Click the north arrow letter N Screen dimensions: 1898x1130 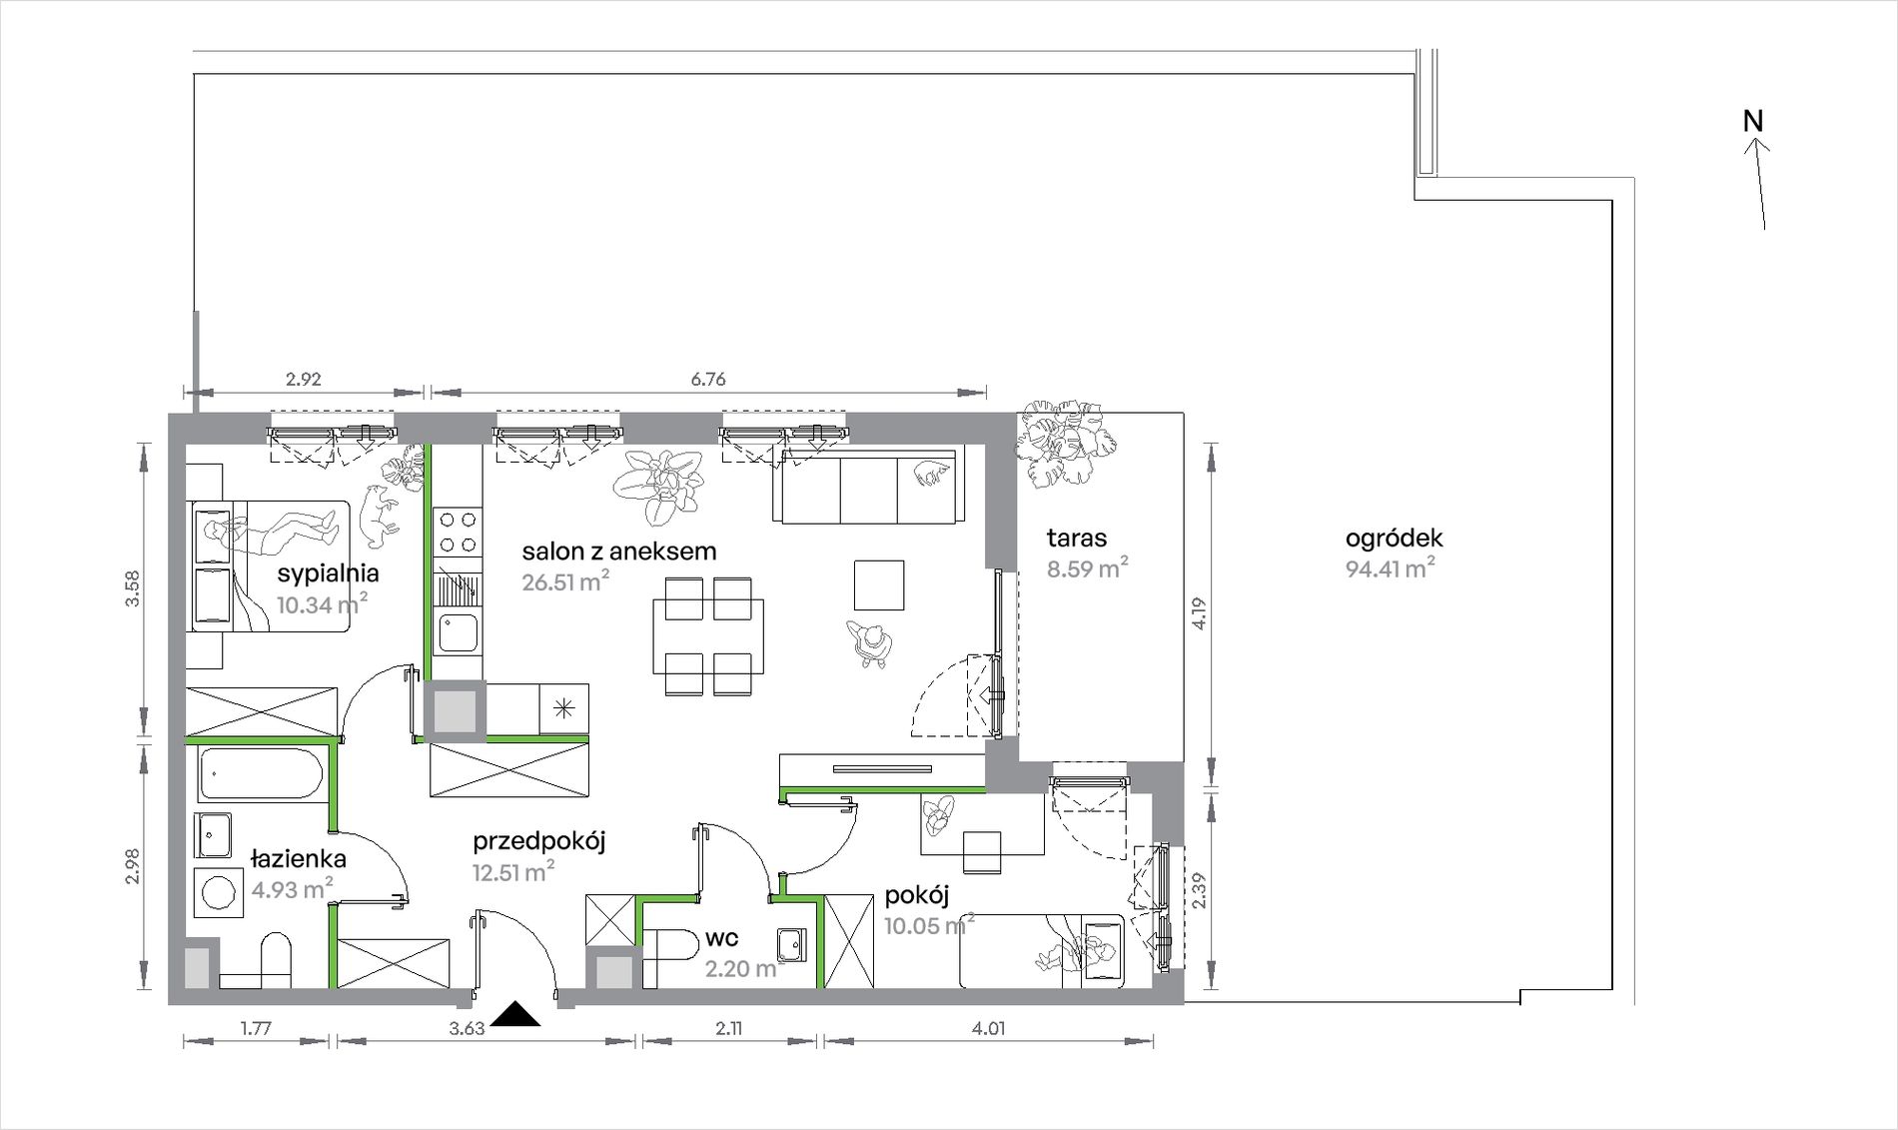click(1753, 121)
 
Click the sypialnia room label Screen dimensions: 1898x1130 click(328, 573)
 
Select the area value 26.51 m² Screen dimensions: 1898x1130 click(565, 580)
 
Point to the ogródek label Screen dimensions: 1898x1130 click(1394, 539)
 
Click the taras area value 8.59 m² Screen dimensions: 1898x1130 click(1088, 568)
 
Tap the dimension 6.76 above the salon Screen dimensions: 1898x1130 click(707, 380)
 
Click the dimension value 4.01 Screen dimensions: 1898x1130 click(988, 1028)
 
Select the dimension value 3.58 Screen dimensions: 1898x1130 click(134, 587)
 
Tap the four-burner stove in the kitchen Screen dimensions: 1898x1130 click(457, 532)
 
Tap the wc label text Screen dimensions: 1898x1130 click(721, 938)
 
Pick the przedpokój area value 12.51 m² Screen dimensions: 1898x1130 click(513, 871)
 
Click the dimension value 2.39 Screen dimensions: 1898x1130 click(1200, 890)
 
